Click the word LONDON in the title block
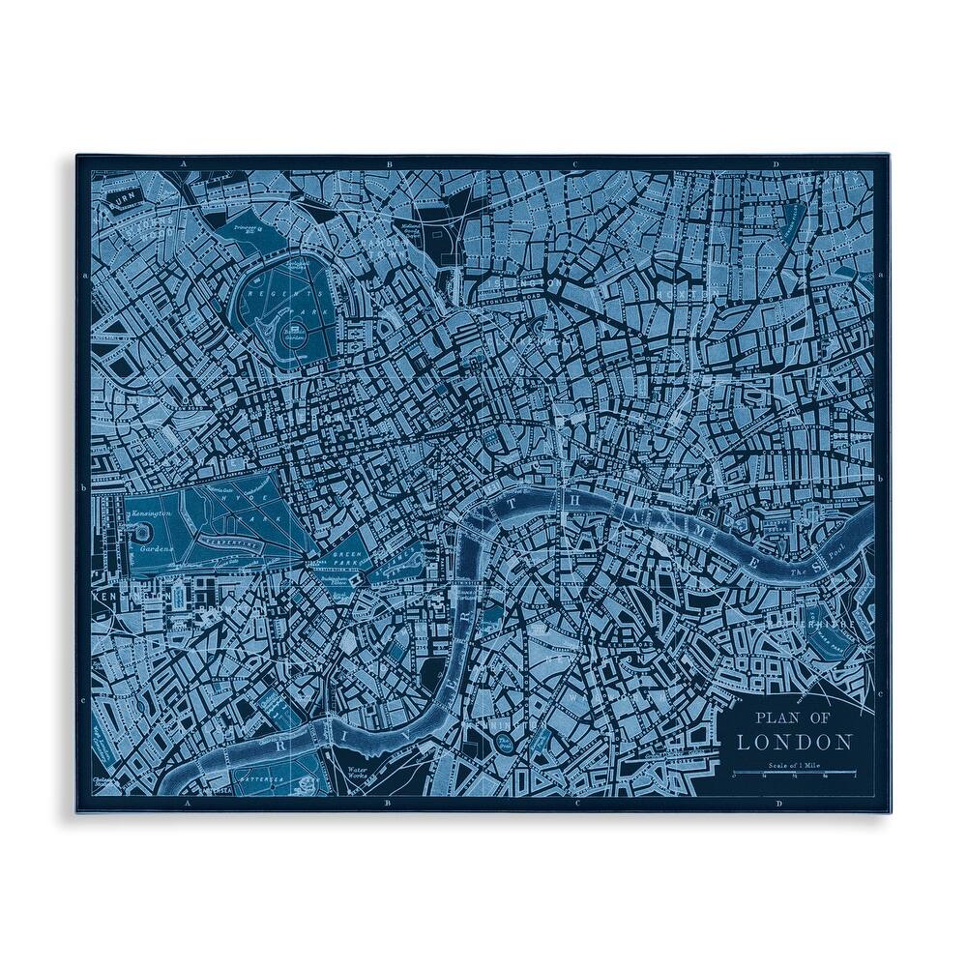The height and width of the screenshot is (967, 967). click(x=795, y=743)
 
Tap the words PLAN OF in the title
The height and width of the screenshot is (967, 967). click(x=792, y=718)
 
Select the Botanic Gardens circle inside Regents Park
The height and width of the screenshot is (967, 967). click(x=294, y=335)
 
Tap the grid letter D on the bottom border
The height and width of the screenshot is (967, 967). click(x=776, y=803)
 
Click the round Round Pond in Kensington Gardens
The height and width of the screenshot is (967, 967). click(x=145, y=534)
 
